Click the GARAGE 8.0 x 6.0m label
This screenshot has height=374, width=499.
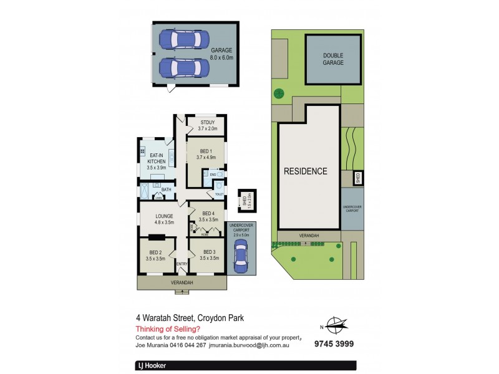click(x=221, y=54)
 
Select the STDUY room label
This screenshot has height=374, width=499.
click(x=206, y=125)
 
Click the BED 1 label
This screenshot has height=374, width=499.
click(x=206, y=154)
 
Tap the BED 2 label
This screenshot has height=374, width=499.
click(x=155, y=254)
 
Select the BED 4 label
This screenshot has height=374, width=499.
click(x=207, y=217)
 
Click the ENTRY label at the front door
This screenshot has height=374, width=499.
click(x=182, y=264)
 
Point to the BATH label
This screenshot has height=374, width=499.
click(x=166, y=189)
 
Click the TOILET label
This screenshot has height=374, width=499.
click(x=219, y=194)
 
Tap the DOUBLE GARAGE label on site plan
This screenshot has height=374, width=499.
click(x=333, y=59)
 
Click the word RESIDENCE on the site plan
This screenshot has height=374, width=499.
click(x=306, y=171)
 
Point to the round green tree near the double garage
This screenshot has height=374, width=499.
click(x=279, y=94)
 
